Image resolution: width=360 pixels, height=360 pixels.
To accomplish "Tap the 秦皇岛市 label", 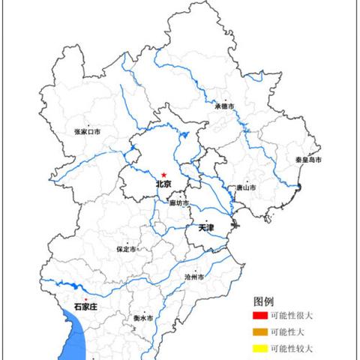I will [308, 160].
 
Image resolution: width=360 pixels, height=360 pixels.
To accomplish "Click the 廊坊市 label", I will [178, 203].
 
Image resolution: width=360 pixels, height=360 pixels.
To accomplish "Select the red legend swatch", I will [259, 316].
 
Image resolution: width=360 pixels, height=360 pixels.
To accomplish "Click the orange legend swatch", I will [259, 332].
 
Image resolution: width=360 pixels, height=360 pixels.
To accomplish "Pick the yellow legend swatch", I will [259, 349].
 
